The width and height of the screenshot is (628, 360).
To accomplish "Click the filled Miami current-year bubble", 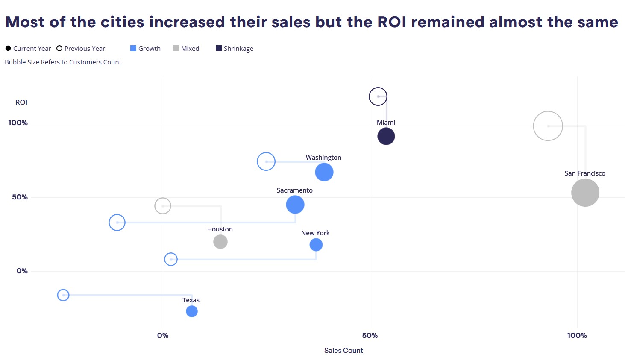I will pyautogui.click(x=386, y=137).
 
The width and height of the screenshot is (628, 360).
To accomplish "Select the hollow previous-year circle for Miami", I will pyautogui.click(x=378, y=97).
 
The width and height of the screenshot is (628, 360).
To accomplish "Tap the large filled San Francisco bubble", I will pyautogui.click(x=585, y=193).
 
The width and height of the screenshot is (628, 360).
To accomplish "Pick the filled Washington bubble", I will pyautogui.click(x=324, y=172).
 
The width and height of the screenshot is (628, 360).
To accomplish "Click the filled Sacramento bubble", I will pyautogui.click(x=295, y=205).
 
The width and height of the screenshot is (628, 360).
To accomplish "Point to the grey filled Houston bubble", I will pyautogui.click(x=220, y=242).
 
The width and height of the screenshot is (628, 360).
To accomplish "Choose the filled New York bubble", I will pyautogui.click(x=316, y=245).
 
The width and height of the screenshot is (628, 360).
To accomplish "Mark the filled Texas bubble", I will pyautogui.click(x=192, y=311).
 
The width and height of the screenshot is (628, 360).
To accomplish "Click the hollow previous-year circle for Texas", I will pyautogui.click(x=63, y=295).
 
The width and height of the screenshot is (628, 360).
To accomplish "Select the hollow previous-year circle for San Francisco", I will pyautogui.click(x=548, y=126).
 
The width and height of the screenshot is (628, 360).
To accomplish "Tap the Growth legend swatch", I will pyautogui.click(x=133, y=49).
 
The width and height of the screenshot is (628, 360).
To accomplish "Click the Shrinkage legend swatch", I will pyautogui.click(x=219, y=49).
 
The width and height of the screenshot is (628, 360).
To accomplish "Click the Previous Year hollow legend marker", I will pyautogui.click(x=59, y=49).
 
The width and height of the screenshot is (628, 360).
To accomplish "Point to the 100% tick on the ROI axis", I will pyautogui.click(x=18, y=123).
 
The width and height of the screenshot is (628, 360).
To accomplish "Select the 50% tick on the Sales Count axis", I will pyautogui.click(x=370, y=336).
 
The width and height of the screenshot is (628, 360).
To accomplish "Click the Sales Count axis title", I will pyautogui.click(x=343, y=351).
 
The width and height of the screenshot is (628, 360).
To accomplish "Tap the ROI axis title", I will pyautogui.click(x=21, y=102).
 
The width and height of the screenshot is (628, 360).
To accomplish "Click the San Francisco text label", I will pyautogui.click(x=585, y=173).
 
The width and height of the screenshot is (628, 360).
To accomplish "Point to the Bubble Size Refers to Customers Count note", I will pyautogui.click(x=63, y=62).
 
